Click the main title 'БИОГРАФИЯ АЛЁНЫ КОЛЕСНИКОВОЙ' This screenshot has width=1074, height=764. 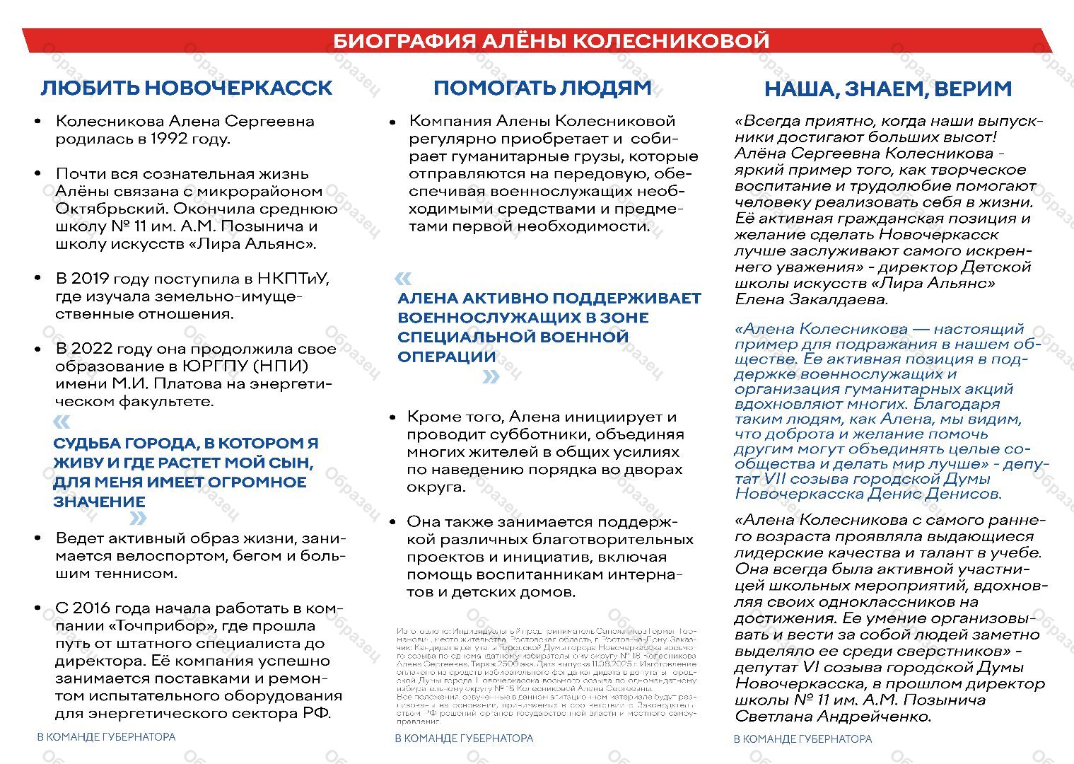(551, 41)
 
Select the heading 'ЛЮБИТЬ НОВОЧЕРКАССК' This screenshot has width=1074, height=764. (187, 88)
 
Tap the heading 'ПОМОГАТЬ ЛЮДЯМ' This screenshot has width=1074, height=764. (542, 88)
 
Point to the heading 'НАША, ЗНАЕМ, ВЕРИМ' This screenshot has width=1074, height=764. (888, 89)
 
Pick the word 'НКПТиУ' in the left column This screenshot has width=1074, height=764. (293, 279)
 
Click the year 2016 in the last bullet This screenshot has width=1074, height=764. (92, 608)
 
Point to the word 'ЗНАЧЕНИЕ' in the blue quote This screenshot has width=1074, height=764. (99, 502)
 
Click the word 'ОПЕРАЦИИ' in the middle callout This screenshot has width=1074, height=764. (446, 357)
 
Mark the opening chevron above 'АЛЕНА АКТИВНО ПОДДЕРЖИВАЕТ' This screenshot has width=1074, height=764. (403, 278)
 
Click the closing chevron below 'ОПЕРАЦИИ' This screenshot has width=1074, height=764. (491, 377)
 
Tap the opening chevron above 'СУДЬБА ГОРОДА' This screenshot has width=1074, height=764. (62, 422)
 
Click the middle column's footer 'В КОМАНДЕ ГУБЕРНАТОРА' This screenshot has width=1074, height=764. (464, 739)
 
